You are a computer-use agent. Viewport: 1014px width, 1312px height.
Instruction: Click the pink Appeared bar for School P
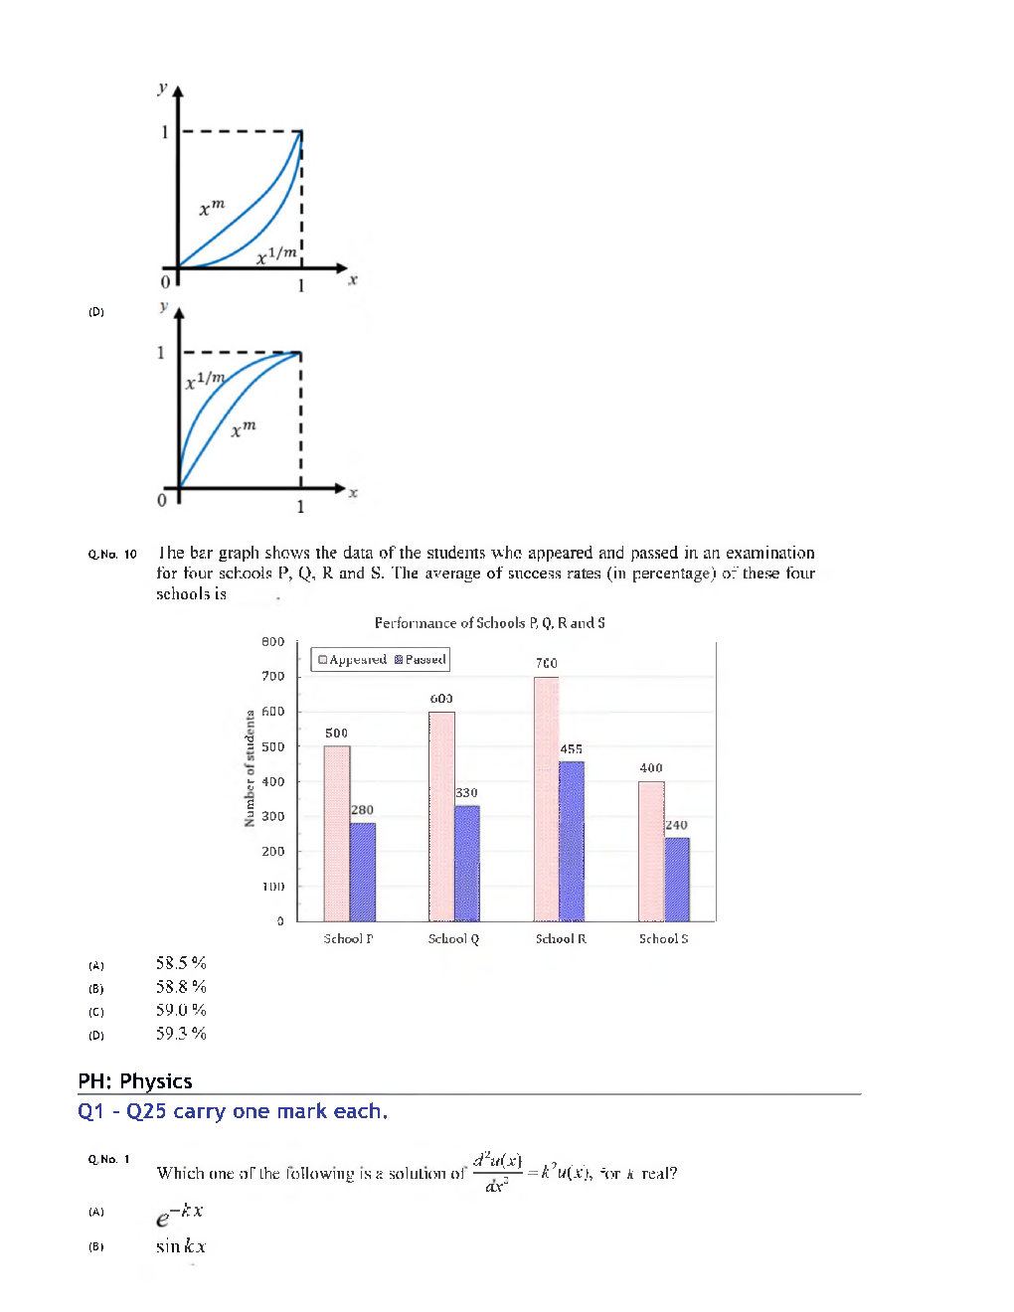coord(336,833)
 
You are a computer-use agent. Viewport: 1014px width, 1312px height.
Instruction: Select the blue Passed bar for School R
coord(572,841)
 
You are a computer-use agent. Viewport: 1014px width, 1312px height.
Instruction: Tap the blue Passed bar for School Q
coord(467,863)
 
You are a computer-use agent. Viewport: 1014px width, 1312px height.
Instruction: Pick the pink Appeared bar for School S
coord(651,851)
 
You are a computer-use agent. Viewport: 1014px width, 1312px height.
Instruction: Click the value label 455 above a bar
coord(571,749)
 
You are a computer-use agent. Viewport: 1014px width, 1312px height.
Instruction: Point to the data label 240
coord(676,825)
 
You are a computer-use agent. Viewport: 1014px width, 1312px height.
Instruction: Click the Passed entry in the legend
coord(421,659)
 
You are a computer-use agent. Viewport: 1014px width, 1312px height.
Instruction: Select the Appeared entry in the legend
coord(352,659)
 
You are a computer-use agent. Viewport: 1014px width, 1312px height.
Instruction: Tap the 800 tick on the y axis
coord(273,642)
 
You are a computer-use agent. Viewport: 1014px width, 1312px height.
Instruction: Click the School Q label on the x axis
coord(453,938)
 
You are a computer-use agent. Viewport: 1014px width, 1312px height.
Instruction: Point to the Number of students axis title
coord(250,768)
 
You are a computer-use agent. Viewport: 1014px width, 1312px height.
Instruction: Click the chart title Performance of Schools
coord(489,623)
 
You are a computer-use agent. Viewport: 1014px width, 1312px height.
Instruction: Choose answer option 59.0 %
coord(181,1010)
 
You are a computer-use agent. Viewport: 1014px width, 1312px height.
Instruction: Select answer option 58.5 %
coord(181,963)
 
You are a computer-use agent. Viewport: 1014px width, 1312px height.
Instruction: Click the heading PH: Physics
coord(135,1081)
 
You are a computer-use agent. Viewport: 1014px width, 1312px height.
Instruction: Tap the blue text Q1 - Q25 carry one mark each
coord(233,1111)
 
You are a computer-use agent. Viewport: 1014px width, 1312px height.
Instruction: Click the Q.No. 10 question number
coord(112,555)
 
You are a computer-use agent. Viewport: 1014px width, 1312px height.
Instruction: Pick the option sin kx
coord(181,1246)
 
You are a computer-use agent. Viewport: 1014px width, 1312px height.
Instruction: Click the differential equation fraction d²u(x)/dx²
coord(497,1172)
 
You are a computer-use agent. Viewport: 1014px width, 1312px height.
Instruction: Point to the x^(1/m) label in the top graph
coord(276,255)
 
